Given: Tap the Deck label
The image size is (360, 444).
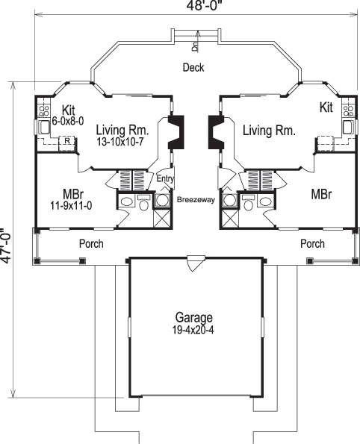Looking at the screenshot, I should pos(193,68).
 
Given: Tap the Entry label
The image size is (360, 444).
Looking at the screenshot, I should pos(164,179).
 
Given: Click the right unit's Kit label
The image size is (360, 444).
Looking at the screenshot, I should pos(326,108).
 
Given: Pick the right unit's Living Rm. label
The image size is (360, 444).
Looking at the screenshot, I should pos(269,130).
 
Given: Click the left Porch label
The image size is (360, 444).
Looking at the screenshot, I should pos(91,244).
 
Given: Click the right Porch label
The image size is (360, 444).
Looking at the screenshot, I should pos(312,244).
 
